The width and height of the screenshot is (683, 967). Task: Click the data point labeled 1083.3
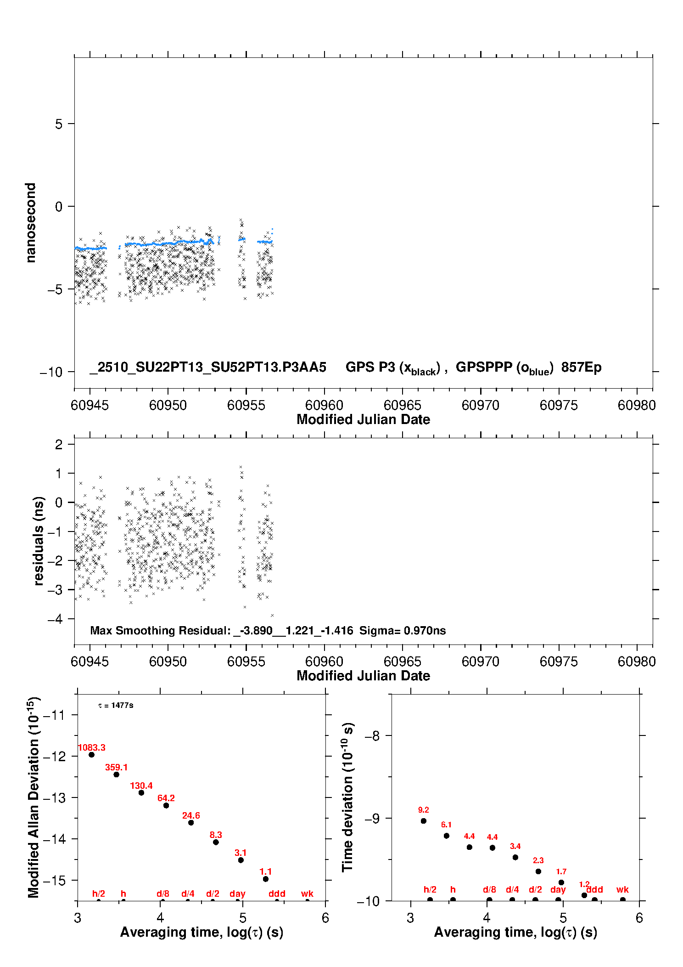pos(91,755)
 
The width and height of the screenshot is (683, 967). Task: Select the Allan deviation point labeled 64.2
pos(166,805)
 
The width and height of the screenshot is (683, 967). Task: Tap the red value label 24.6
pos(191,815)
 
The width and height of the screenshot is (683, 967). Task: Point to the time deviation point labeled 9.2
pos(424,821)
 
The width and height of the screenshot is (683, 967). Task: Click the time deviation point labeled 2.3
pos(538,871)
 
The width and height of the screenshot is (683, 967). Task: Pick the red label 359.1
pos(117,767)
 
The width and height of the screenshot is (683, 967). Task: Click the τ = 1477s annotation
pos(116,705)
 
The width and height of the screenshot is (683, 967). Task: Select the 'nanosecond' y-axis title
pos(30,223)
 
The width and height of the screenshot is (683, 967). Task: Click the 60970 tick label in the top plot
pos(480,405)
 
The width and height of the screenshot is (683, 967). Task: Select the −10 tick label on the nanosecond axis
pos(51,372)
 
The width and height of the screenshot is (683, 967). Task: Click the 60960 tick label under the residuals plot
pos(324,662)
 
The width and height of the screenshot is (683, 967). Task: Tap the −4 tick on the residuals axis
pos(55,619)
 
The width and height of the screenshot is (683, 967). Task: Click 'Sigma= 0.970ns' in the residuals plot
pos(403,630)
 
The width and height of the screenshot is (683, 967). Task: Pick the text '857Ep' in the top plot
pos(581,367)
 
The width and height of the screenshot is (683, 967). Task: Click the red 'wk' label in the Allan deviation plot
pos(307,893)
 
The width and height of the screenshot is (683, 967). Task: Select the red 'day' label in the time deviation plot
pos(558,889)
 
